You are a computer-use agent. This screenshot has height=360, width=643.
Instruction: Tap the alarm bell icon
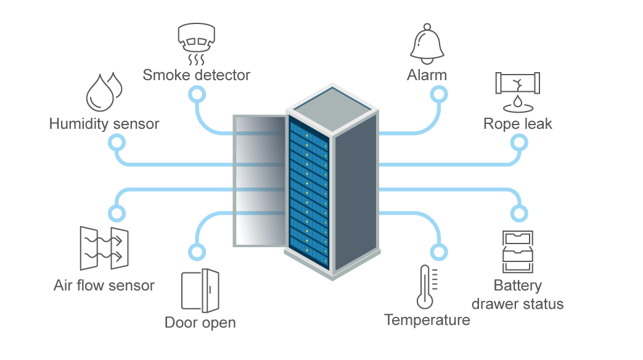(x=427, y=44)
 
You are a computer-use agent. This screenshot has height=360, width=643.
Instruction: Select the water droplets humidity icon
(x=104, y=92)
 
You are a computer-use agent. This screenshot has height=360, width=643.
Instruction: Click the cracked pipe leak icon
(x=517, y=92)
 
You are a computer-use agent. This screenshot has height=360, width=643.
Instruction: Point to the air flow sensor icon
(x=104, y=248)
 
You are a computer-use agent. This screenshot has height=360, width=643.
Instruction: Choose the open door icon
(x=200, y=290)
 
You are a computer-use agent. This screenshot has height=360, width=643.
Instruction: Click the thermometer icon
(x=427, y=287)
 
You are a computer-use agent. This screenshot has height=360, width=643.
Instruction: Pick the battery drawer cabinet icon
(x=517, y=252)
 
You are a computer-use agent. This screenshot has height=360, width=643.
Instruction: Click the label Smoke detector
(x=197, y=75)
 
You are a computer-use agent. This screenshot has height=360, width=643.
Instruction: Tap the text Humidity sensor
(x=104, y=124)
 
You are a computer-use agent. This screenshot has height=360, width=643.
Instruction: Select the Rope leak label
(x=517, y=124)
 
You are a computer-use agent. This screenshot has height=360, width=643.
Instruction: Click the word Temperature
(x=427, y=320)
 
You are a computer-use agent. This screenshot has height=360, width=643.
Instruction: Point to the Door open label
(x=200, y=322)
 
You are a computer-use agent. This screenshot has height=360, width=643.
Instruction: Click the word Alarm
(x=427, y=75)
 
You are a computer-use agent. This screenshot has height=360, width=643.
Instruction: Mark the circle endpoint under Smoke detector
(x=197, y=95)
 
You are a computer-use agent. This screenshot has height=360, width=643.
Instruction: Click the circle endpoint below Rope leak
(x=519, y=143)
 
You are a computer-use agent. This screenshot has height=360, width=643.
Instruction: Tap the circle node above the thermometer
(x=439, y=252)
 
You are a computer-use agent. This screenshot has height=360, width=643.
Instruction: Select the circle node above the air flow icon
(x=117, y=213)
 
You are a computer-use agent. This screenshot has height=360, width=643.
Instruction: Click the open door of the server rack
(x=260, y=181)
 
